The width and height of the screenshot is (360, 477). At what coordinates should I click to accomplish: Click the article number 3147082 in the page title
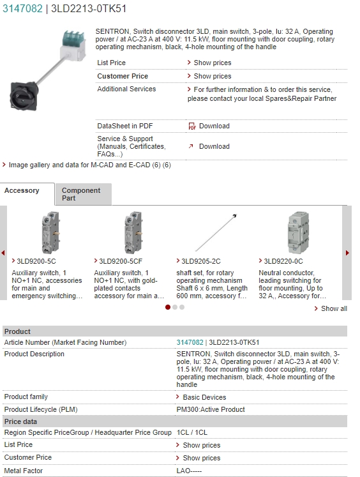click(22, 8)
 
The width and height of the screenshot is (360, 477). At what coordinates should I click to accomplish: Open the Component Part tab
click(81, 194)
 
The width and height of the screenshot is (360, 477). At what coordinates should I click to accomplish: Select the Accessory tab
click(22, 190)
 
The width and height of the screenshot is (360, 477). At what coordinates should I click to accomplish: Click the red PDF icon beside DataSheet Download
click(192, 126)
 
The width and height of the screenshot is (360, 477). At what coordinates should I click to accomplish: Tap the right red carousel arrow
click(347, 253)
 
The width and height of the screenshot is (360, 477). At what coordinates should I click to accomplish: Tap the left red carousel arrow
click(3, 253)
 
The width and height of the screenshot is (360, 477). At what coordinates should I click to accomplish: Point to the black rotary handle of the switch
click(24, 96)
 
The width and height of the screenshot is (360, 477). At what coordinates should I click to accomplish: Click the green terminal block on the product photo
click(73, 39)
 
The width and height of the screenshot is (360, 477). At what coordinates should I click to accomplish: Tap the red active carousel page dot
click(167, 307)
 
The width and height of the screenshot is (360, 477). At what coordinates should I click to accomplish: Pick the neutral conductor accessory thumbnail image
click(298, 232)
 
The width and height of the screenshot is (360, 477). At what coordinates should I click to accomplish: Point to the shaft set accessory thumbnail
click(216, 232)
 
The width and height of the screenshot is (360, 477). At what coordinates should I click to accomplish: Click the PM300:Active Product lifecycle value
click(211, 409)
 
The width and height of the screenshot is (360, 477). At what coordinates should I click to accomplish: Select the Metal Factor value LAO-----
click(189, 471)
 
